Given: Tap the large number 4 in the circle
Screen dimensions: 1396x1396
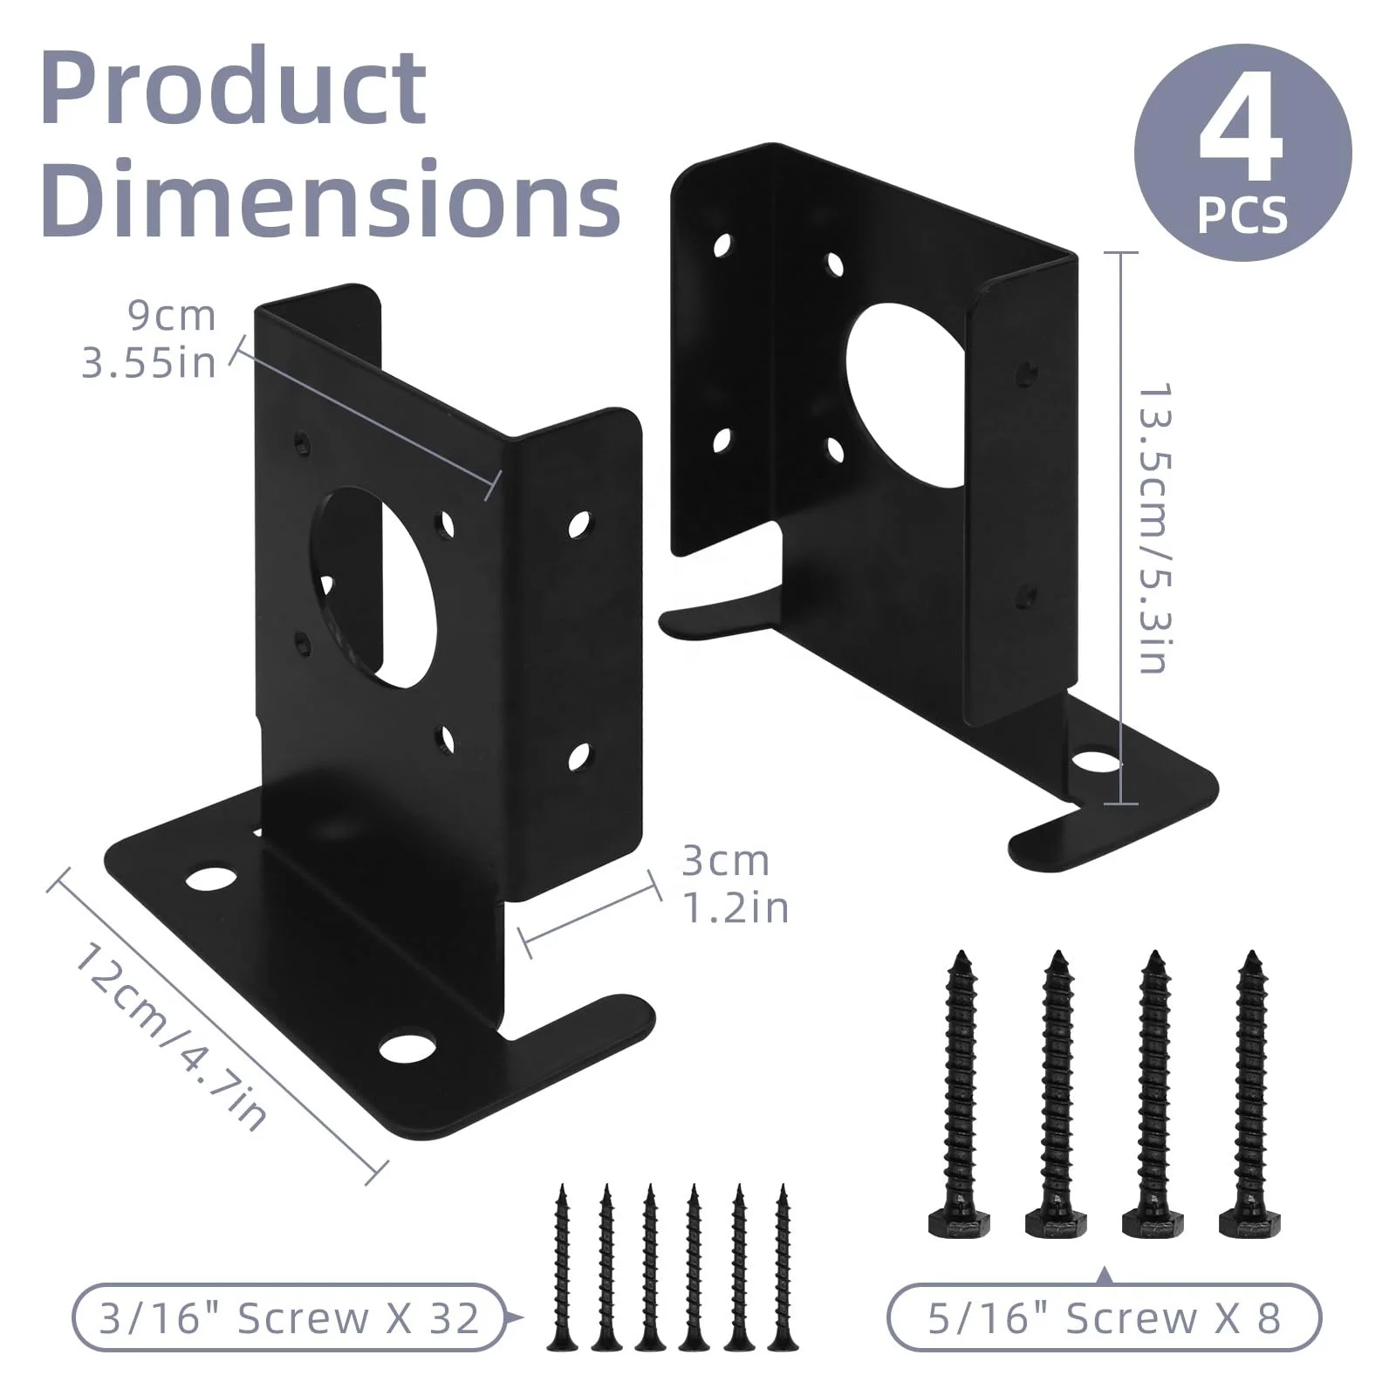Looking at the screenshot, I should point(1241,131).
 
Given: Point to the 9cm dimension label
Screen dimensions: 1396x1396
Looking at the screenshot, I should point(172,316).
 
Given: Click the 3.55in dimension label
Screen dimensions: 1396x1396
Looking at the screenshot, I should point(149,361).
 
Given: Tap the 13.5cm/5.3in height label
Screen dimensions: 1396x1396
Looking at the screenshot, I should point(1153,528).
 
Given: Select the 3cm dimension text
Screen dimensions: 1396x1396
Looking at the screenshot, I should point(726,861).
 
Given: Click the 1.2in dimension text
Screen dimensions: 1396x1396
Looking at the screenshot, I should point(735,907).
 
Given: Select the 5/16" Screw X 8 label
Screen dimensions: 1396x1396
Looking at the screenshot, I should point(1104,1317).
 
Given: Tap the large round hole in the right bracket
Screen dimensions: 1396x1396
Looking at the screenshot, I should point(907,397).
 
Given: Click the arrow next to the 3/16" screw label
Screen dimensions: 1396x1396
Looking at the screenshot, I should point(516,1318).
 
